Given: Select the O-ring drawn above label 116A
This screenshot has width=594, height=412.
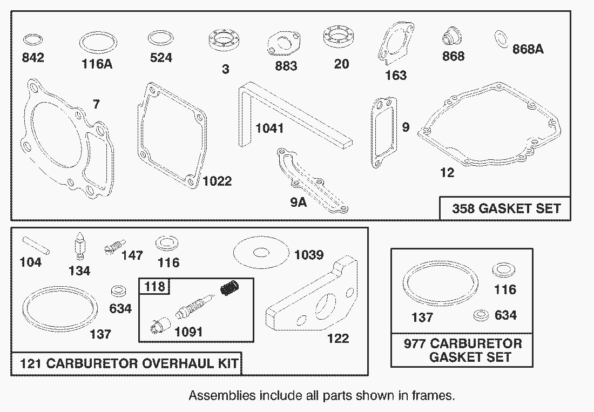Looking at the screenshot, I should click(98, 42).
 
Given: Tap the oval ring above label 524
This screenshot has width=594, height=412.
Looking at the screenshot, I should click(160, 38).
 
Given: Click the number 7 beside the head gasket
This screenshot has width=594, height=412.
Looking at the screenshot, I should click(96, 105).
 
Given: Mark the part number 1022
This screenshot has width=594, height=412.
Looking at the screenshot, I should click(217, 181).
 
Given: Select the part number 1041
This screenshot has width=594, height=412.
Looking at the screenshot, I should click(270, 129).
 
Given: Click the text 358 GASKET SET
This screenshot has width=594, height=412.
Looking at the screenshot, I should click(506, 208).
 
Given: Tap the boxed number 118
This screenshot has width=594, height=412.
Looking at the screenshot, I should click(153, 286).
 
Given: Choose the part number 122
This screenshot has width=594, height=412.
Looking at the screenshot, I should click(338, 339).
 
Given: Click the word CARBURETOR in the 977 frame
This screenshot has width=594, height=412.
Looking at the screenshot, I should click(476, 344).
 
